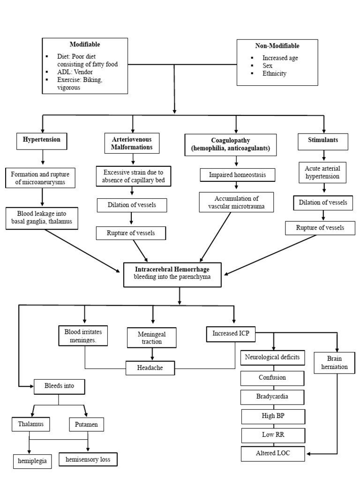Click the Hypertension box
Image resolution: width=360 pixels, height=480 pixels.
click(42, 140)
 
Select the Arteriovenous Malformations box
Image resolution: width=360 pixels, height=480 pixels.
click(132, 143)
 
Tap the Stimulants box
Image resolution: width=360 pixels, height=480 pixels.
click(323, 140)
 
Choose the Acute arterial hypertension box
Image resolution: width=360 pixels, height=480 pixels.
click(323, 172)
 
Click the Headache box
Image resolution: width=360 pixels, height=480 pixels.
click(150, 368)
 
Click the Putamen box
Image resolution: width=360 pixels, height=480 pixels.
click(86, 425)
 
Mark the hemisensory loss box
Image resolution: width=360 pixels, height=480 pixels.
click(88, 459)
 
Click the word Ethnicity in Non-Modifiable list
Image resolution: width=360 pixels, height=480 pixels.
click(274, 74)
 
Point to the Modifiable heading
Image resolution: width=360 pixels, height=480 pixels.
click(84, 45)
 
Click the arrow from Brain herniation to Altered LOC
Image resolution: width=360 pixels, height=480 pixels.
click(337, 412)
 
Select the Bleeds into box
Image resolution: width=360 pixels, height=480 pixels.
click(60, 387)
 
